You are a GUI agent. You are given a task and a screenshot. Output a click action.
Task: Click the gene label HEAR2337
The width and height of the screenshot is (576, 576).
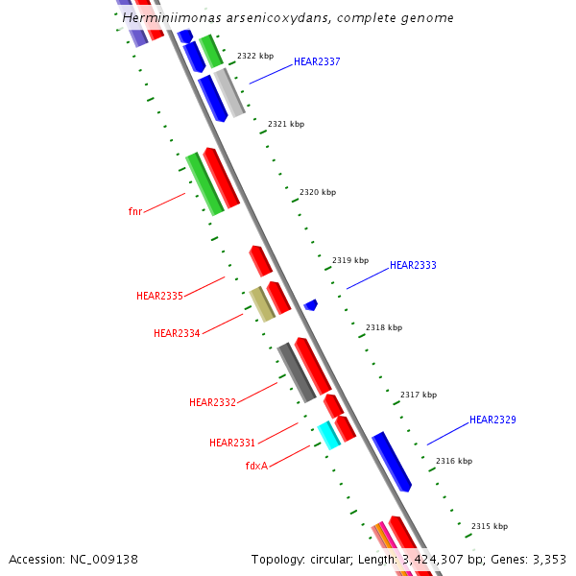(x=317, y=61)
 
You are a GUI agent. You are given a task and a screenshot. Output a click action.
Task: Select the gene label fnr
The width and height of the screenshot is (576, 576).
(x=135, y=211)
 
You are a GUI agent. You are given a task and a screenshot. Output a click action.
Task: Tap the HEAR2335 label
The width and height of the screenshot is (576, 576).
(x=159, y=296)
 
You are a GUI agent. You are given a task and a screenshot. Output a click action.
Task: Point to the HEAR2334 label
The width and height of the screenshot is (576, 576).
(x=177, y=333)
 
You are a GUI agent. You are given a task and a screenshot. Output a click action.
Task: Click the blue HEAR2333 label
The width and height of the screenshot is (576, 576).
(x=413, y=265)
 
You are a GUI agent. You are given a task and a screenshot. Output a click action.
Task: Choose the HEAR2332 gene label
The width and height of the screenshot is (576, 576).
(x=212, y=402)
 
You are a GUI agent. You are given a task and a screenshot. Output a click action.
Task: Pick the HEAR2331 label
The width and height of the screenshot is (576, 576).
(x=232, y=443)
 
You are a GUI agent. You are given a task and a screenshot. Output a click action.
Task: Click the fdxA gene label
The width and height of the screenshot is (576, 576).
(x=256, y=466)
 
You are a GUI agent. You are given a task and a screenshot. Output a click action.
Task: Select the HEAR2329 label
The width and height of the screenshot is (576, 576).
(x=492, y=420)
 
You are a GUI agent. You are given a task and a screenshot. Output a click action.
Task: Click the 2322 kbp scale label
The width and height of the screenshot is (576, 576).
(x=255, y=56)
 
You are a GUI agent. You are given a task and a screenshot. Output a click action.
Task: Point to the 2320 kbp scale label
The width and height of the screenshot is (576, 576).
(x=318, y=192)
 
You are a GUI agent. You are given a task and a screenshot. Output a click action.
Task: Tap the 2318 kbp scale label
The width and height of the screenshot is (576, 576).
(x=384, y=327)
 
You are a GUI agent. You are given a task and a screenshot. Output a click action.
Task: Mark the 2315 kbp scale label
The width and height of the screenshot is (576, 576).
(x=490, y=526)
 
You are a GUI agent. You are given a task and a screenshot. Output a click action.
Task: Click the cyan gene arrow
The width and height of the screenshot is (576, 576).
(x=328, y=435)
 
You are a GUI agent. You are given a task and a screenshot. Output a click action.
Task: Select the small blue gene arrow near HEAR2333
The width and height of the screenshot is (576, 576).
(x=311, y=305)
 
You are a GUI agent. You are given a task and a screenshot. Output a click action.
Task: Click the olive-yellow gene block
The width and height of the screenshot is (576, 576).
(x=261, y=303)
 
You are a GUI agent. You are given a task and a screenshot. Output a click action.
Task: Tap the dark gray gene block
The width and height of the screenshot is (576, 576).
(x=297, y=372)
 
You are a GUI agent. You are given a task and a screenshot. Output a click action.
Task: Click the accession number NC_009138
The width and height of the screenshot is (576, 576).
(x=106, y=559)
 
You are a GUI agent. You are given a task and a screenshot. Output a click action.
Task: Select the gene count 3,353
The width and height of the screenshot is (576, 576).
(x=548, y=559)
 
